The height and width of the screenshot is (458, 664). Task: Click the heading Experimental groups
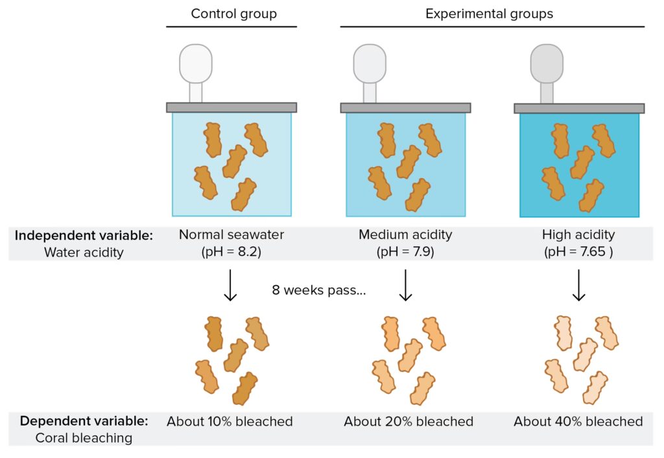coord(489,14)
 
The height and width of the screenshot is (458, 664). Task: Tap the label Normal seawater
coord(231,235)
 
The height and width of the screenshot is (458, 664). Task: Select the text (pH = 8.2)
coord(231,251)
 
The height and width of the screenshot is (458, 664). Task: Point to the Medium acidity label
coord(405,235)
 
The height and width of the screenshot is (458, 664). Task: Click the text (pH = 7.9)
coord(405,251)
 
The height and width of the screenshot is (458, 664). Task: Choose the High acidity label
coord(578,235)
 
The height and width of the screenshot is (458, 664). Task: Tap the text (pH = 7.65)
coord(578,251)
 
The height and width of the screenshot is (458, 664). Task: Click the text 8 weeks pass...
coord(319,290)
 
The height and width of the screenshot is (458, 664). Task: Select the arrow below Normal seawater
coord(230,286)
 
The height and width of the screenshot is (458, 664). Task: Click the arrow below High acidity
coord(579,286)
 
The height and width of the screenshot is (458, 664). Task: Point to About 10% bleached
coord(230,422)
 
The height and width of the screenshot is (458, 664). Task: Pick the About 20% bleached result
coord(409,422)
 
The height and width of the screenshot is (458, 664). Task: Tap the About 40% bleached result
coord(578,422)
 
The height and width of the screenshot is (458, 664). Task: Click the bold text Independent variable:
coord(84,235)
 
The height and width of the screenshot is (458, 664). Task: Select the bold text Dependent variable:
coord(84,421)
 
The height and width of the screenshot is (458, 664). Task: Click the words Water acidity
coord(84,253)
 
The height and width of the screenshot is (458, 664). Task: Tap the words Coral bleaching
coord(84,439)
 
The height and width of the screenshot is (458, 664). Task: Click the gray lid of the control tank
coord(231,108)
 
